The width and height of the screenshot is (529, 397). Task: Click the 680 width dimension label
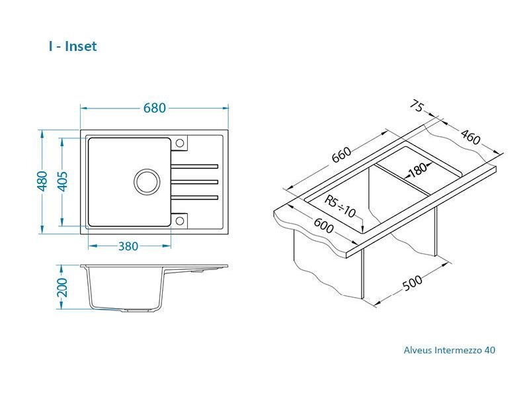pos(155,108)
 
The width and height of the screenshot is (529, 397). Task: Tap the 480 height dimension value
pos(42,181)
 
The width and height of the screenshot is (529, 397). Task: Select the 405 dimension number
pos(63,181)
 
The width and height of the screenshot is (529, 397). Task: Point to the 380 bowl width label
pos(128,246)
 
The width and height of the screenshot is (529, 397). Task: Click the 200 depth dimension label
pos(62,288)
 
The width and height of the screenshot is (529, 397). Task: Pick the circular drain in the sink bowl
pos(146,181)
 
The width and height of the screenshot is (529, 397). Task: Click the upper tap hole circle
pos(180,143)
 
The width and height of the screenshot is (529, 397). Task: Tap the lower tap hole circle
pos(180,221)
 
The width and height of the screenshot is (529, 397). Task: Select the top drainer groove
pos(194,166)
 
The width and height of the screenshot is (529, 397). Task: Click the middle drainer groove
pos(194,182)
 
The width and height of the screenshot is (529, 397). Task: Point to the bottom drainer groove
pos(194,197)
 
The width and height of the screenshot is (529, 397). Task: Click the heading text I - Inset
pos(73,46)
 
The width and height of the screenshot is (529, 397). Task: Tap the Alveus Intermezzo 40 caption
pos(450,350)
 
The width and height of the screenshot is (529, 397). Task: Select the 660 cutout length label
pos(341,155)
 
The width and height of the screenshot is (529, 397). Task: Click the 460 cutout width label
pos(470,137)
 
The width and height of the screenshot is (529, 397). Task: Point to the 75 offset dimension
pos(417,106)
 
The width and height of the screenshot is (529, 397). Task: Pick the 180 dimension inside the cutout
pos(418,169)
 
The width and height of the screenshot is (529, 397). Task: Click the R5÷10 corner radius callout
pos(340,206)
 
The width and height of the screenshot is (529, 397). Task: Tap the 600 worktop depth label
pos(323,226)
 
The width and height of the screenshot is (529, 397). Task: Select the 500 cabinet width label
pos(412,283)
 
